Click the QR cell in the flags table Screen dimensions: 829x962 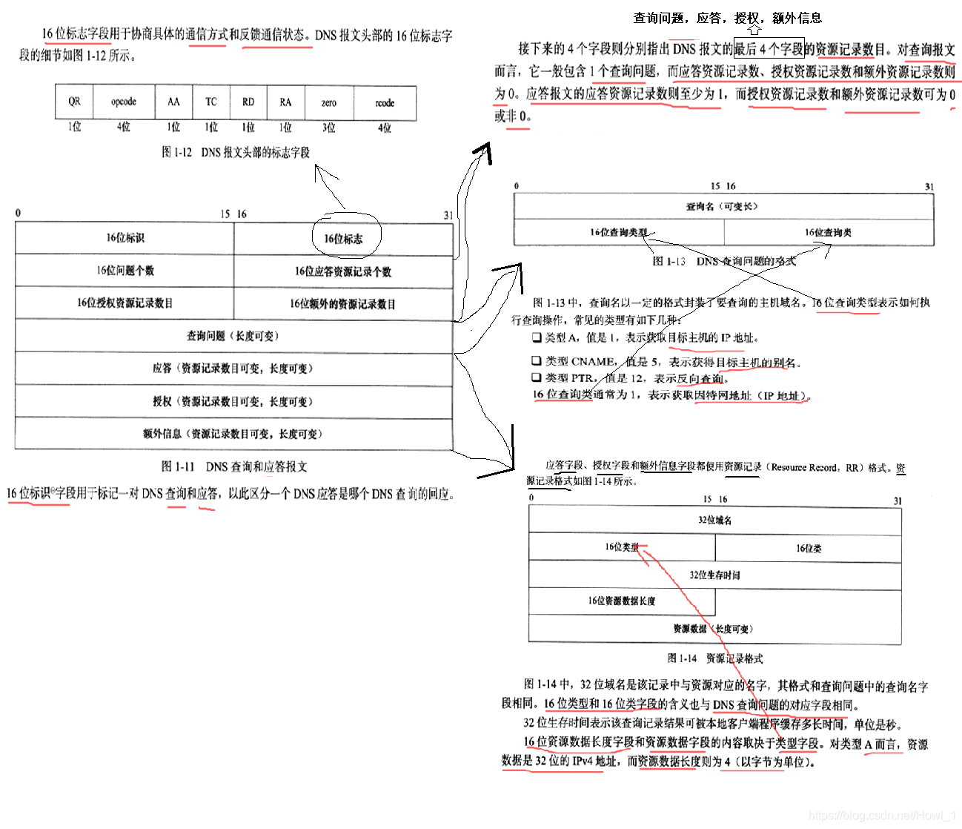74,102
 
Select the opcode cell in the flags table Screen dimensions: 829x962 124,102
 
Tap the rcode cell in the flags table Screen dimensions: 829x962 385,102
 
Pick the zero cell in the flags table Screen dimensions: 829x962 328,102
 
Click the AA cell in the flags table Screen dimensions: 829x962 173,102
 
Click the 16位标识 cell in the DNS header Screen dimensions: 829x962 125,238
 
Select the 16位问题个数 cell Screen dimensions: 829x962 125,271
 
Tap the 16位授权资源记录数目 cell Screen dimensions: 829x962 125,303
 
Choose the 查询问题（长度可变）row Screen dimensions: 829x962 233,336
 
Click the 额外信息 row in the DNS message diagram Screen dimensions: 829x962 233,434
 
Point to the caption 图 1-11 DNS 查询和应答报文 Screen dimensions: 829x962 234,466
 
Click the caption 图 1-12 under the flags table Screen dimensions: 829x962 236,152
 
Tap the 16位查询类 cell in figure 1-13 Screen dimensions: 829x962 828,232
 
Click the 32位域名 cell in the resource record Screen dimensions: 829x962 714,520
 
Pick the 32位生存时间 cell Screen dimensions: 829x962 714,575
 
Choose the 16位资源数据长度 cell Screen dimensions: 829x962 621,601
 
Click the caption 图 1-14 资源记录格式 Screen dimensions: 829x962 714,658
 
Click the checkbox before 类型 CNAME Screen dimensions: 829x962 536,361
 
